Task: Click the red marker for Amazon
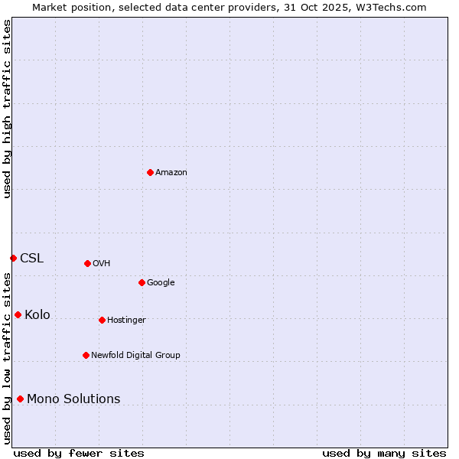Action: click(x=150, y=172)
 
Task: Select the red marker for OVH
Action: click(x=87, y=263)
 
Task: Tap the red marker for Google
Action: click(x=142, y=282)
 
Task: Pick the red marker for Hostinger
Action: click(x=102, y=320)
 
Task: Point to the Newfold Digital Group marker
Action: click(x=86, y=355)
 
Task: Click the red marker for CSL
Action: click(x=13, y=258)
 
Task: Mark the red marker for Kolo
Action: click(x=18, y=314)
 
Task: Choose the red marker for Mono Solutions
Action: click(x=20, y=399)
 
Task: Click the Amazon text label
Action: click(x=171, y=172)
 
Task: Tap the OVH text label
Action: click(x=102, y=263)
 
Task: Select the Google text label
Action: click(x=161, y=282)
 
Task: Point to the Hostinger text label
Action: click(x=126, y=320)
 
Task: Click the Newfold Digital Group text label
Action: click(x=135, y=355)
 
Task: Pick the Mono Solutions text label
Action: click(x=73, y=399)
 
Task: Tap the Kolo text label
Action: click(x=37, y=314)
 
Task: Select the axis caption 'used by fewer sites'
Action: click(x=79, y=453)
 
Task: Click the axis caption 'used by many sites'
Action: click(x=384, y=453)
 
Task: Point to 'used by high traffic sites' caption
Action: click(x=7, y=109)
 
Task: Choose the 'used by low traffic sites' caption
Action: click(x=7, y=358)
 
